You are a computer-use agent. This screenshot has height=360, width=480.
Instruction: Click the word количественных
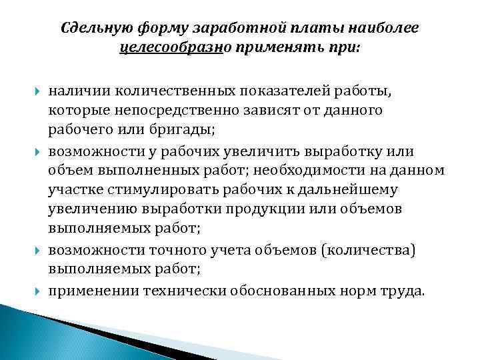[158, 89]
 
